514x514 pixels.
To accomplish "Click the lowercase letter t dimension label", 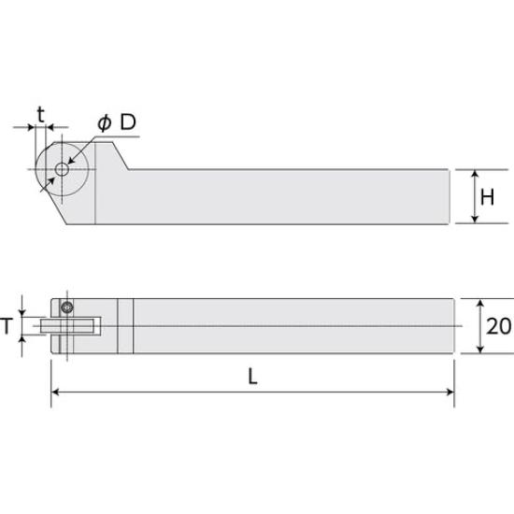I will tap(40, 114).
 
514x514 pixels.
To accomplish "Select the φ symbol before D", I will tap(106, 124).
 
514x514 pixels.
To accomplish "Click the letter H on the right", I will tap(487, 197).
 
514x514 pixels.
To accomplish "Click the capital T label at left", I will tap(8, 325).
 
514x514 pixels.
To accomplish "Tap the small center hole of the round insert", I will tap(61, 169).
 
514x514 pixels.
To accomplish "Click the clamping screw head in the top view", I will tap(66, 307).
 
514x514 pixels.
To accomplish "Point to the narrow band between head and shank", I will tap(125, 326).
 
